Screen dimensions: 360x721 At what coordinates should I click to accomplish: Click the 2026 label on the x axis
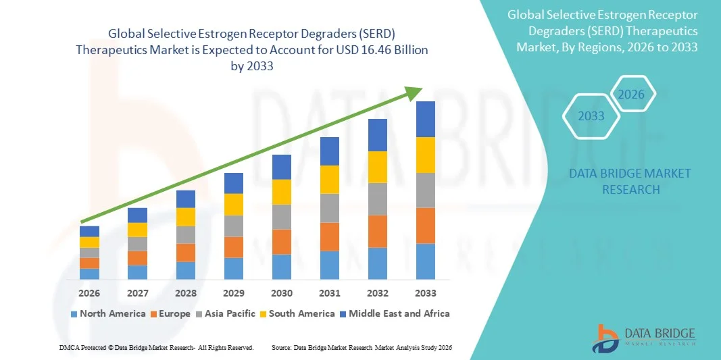(x=89, y=293)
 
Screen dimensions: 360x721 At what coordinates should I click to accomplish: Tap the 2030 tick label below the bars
(x=282, y=293)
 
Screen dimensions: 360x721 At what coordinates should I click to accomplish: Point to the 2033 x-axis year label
(x=426, y=293)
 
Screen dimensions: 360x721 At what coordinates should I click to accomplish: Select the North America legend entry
(x=108, y=313)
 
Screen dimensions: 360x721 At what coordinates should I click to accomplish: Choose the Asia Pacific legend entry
(x=226, y=313)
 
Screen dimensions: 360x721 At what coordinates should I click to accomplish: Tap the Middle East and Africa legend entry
(x=395, y=313)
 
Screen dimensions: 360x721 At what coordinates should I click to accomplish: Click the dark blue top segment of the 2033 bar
(x=426, y=119)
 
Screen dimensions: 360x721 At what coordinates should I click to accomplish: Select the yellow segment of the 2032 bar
(x=378, y=167)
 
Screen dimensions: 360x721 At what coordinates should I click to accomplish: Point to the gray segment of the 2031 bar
(x=330, y=208)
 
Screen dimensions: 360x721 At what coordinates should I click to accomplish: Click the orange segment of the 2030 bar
(x=282, y=241)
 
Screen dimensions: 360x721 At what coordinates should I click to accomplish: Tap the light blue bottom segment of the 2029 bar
(x=234, y=268)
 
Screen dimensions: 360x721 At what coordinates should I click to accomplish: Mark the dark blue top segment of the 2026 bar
(x=89, y=231)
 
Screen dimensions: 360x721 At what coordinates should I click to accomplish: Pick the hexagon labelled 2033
(x=591, y=116)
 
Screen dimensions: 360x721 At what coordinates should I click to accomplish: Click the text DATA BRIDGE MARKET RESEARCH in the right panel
(x=630, y=182)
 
